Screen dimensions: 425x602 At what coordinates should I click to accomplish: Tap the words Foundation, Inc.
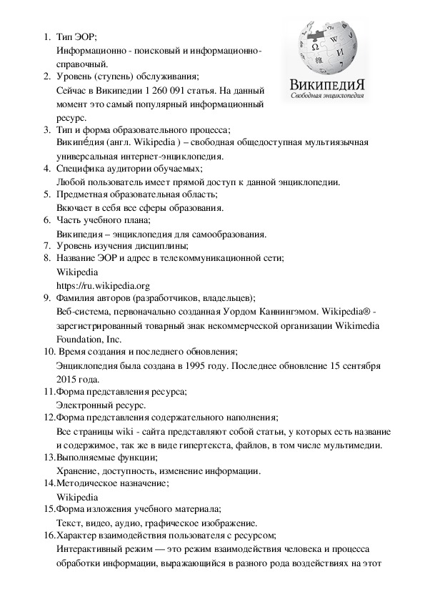click(89, 339)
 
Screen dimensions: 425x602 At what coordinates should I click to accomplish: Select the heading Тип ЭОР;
click(76, 36)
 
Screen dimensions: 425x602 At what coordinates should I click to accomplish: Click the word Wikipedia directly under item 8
click(76, 272)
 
